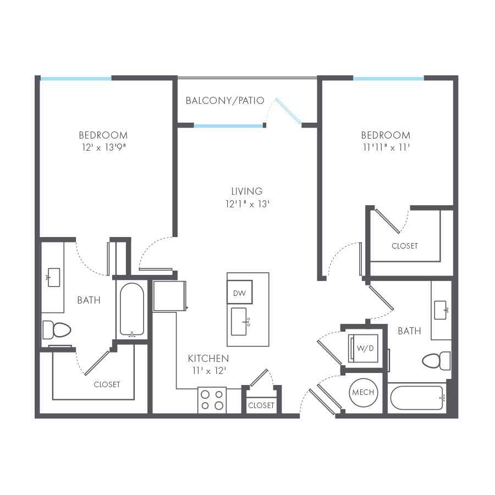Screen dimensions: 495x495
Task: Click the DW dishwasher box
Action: point(240,292)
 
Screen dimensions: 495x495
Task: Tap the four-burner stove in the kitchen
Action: point(212,400)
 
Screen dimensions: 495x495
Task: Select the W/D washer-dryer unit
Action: point(363,349)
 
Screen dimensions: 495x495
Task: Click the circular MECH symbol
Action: point(364,392)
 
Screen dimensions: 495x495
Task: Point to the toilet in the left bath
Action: point(57,330)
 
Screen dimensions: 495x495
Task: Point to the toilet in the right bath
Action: point(436,361)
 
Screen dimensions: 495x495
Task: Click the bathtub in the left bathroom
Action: point(132,310)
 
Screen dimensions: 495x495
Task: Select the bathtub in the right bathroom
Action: point(417,398)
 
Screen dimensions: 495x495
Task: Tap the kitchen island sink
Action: point(240,322)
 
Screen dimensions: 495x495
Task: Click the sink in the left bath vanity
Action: point(53,278)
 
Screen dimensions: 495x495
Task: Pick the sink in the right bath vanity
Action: point(441,310)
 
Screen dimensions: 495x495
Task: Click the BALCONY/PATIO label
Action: point(225,101)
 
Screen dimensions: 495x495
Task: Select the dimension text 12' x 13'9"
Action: point(104,147)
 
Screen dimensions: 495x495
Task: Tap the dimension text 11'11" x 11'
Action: point(386,147)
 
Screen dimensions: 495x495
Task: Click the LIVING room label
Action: point(247,191)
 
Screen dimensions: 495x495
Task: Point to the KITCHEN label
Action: point(208,358)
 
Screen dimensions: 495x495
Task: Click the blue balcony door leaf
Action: point(288,111)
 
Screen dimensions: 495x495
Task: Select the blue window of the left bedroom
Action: point(76,79)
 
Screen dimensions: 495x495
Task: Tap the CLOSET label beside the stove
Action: point(261,405)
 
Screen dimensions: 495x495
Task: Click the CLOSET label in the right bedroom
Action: point(405,246)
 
